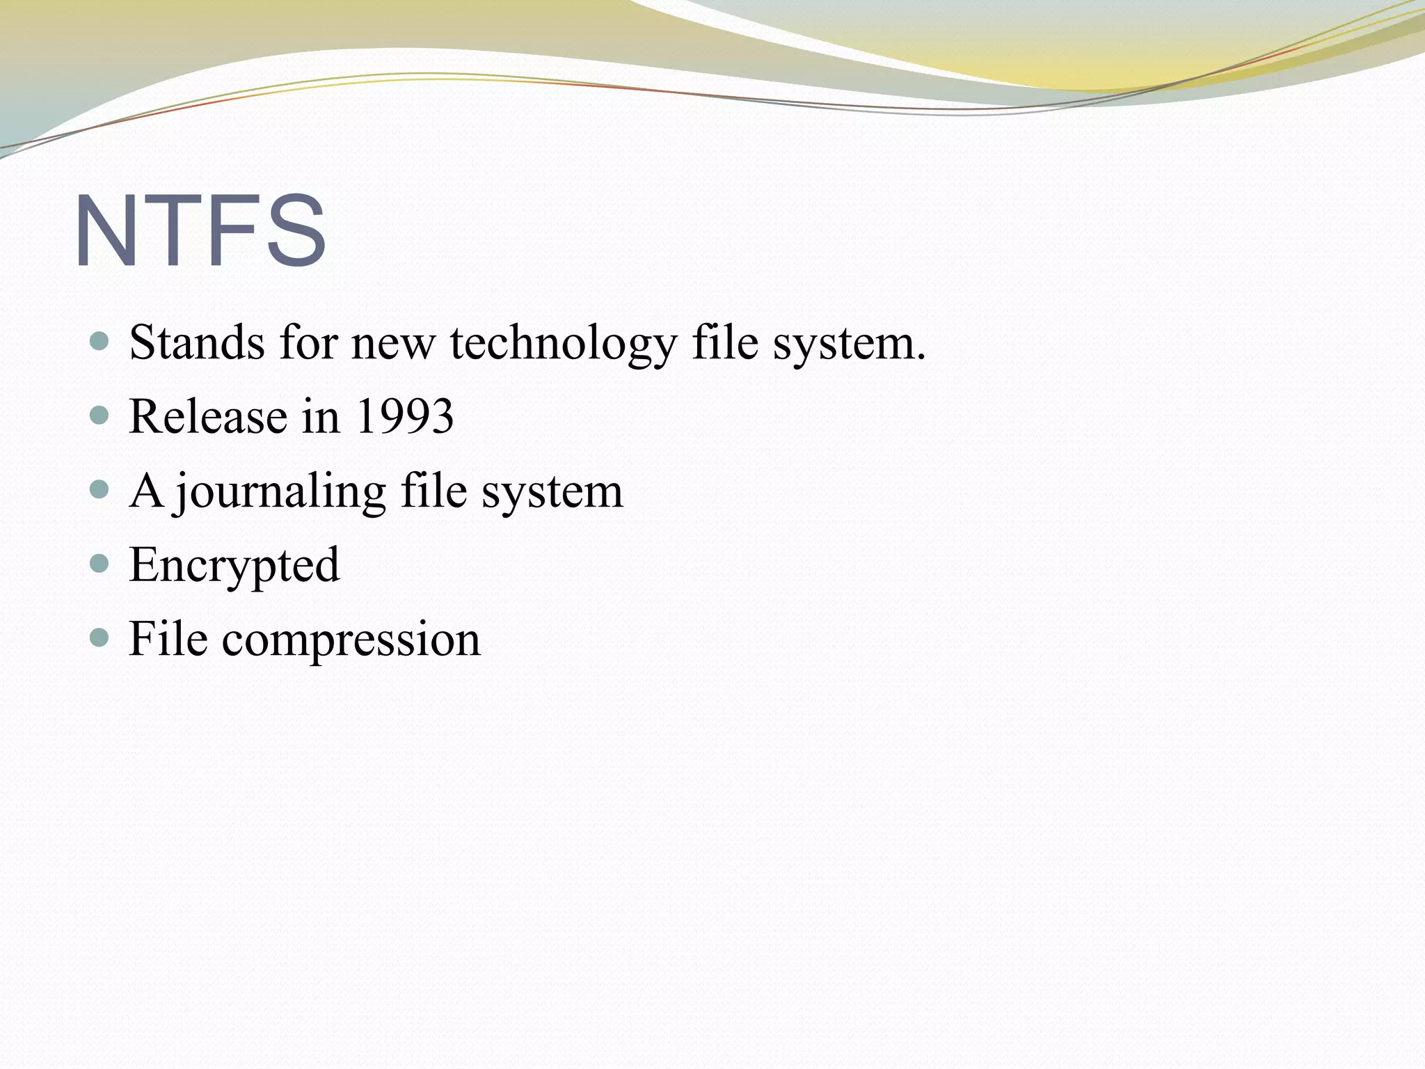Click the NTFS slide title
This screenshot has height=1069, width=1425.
click(x=200, y=231)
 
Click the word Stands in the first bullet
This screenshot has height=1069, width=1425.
click(x=197, y=343)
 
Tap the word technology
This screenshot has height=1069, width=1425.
click(x=563, y=345)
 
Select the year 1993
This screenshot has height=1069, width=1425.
click(x=404, y=417)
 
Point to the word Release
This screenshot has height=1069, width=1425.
click(x=208, y=417)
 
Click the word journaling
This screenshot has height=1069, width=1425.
click(x=280, y=492)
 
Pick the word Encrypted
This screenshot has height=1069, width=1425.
click(x=234, y=565)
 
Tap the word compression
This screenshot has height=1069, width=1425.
click(x=351, y=640)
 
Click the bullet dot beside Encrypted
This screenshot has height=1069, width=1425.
click(x=100, y=562)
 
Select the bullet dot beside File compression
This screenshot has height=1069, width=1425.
click(x=100, y=636)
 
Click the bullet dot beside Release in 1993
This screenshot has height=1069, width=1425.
click(x=100, y=415)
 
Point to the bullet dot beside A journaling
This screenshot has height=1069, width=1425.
click(x=100, y=489)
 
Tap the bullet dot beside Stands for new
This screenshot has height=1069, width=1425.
click(x=100, y=341)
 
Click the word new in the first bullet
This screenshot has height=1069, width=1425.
click(x=392, y=345)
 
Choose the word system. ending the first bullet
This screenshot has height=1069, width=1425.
click(x=850, y=345)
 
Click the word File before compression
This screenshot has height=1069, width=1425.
click(x=168, y=638)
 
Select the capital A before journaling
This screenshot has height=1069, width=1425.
click(x=146, y=491)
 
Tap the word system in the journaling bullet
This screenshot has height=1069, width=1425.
click(x=552, y=492)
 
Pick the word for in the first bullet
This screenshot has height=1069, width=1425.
click(x=308, y=343)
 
